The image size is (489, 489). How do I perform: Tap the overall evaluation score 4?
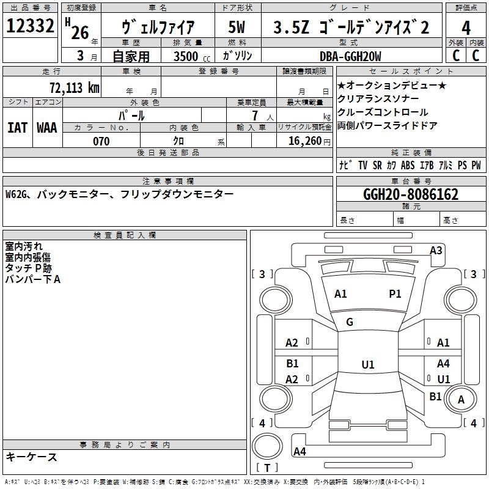(x=466, y=28)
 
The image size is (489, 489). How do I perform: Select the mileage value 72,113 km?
(x=73, y=87)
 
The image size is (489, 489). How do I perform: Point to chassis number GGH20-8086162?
(x=410, y=195)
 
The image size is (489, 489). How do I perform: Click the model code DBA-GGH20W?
(x=350, y=56)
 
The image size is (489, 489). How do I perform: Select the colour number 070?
(x=101, y=141)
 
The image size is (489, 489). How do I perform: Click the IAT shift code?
(x=17, y=128)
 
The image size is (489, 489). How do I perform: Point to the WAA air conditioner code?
(x=46, y=128)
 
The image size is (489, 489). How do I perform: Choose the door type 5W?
(x=237, y=28)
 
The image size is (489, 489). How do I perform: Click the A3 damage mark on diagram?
(x=436, y=250)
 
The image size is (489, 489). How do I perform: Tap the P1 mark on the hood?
(x=395, y=294)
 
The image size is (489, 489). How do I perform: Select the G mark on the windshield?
(x=350, y=322)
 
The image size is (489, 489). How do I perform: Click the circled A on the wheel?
(x=461, y=399)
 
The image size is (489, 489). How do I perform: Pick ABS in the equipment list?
(x=408, y=165)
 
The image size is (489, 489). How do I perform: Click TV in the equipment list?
(x=363, y=165)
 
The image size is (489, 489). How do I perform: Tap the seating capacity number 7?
(x=253, y=115)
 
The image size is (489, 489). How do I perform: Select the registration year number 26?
(x=80, y=32)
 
